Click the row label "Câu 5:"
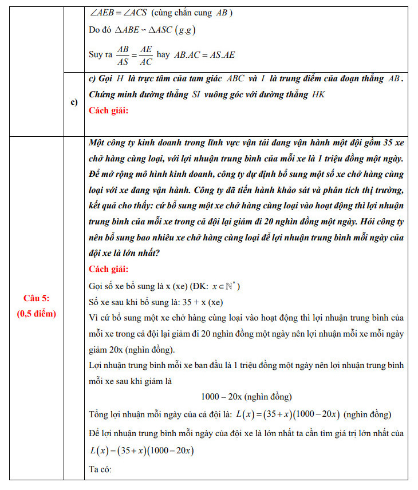(x=37, y=298)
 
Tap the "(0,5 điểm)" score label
(x=37, y=313)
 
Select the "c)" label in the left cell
(x=74, y=102)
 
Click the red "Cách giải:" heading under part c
(x=109, y=110)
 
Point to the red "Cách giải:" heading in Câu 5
(x=109, y=269)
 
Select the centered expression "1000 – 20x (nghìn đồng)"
(x=246, y=397)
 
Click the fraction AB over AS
(x=123, y=55)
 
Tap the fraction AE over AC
(x=146, y=55)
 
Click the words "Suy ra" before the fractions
(x=101, y=56)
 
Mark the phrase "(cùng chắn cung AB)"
(x=192, y=13)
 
